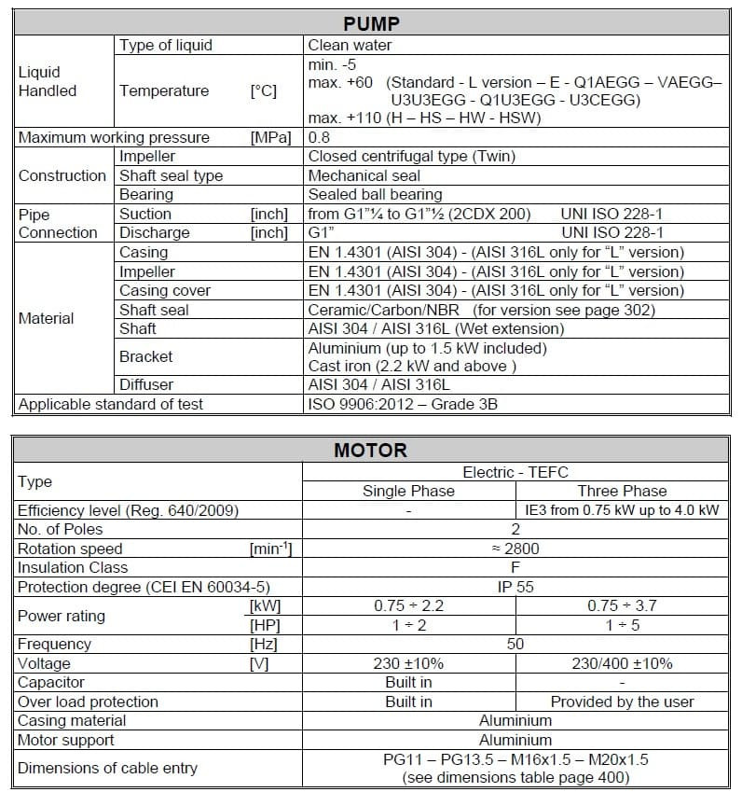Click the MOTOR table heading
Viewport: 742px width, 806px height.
[371, 451]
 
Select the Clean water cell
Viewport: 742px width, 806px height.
[350, 45]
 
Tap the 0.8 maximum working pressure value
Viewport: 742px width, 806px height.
[320, 137]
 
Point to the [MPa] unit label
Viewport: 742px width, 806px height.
[270, 137]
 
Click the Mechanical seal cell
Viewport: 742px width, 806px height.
[364, 175]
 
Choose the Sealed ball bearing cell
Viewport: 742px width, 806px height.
[375, 194]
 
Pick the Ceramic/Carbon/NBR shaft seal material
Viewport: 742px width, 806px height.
[386, 310]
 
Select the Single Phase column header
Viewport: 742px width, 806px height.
[408, 491]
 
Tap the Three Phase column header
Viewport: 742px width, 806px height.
[622, 491]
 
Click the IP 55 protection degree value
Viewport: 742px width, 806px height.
[515, 587]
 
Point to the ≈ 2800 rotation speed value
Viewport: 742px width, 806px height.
[515, 549]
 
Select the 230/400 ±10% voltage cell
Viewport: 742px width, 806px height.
[622, 663]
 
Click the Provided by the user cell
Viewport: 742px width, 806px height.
[622, 702]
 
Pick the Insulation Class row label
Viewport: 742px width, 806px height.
[73, 567]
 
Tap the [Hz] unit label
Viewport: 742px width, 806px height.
[263, 644]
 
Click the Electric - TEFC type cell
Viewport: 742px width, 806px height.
[515, 472]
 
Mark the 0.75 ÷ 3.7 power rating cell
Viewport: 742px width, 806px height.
[622, 605]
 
